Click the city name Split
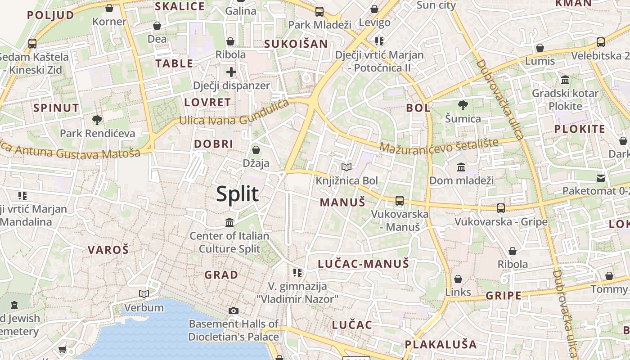click(237, 194)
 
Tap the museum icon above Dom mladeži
click(461, 167)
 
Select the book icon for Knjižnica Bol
click(346, 167)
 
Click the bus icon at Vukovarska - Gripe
click(501, 208)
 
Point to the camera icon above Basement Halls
click(233, 310)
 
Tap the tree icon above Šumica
click(463, 106)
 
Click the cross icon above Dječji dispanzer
click(231, 72)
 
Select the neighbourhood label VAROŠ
click(108, 250)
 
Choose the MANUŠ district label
click(342, 202)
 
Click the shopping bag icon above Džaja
click(256, 150)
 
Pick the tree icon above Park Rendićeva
click(97, 120)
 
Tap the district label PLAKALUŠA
click(441, 345)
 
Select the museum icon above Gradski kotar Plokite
click(565, 80)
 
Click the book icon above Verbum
click(144, 294)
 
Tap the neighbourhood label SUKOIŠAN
click(296, 44)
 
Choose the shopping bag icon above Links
click(458, 279)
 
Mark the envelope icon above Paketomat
click(601, 178)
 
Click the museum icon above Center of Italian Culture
click(229, 222)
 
